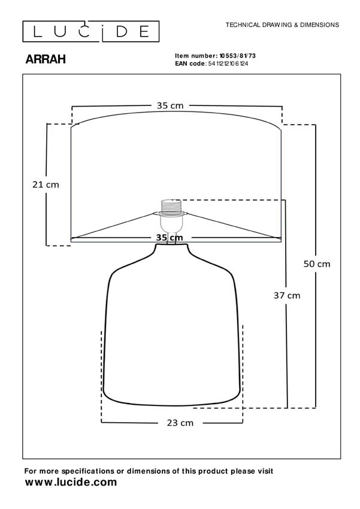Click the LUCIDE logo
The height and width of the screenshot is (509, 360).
click(90, 31)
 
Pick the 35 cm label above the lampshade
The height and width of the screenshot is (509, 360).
click(170, 105)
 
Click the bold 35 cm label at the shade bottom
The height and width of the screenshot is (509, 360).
click(169, 237)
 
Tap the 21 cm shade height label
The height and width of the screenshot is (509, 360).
click(46, 184)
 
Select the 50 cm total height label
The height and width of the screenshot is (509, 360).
click(317, 263)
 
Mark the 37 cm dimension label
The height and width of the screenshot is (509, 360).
click(287, 295)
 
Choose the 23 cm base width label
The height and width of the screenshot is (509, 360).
click(180, 423)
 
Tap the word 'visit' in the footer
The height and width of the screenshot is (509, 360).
click(264, 472)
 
